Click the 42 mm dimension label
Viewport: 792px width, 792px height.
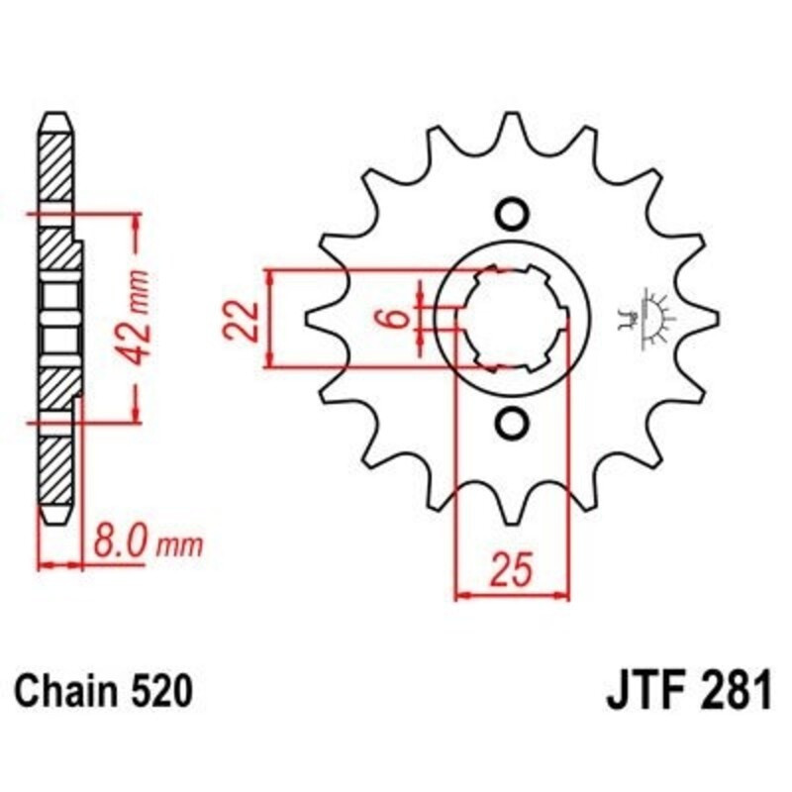tap(137, 318)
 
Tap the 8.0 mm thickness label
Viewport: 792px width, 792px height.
tap(148, 543)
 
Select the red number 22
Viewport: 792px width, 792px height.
tap(242, 320)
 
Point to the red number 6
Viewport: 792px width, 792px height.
tap(399, 318)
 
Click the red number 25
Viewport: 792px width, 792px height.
tap(512, 570)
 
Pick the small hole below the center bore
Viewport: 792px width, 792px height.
tap(511, 422)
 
